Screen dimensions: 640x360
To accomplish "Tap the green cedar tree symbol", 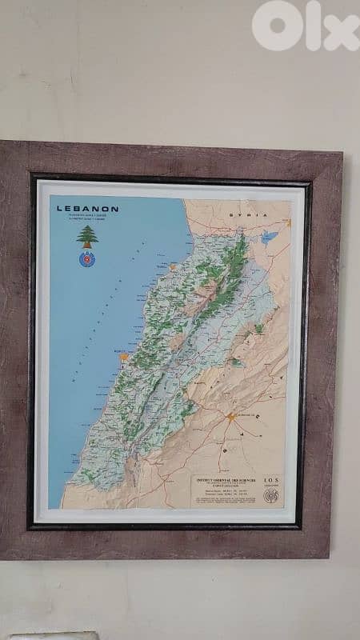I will click(86, 235).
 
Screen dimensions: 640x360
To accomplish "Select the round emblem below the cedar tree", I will click(86, 258).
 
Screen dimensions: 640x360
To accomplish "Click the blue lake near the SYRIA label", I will click(269, 237).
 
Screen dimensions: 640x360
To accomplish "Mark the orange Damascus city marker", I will click(230, 417).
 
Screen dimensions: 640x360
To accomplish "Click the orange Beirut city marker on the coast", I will click(123, 358).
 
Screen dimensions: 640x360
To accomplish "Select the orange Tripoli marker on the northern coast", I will click(172, 266).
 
